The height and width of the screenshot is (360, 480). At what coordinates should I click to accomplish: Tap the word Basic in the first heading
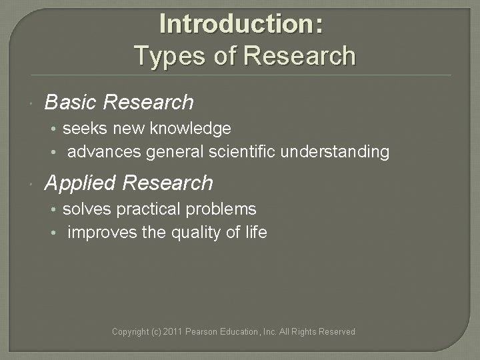[71, 103]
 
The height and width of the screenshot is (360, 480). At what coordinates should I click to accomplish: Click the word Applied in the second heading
[81, 183]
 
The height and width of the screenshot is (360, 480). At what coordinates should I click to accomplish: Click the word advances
[104, 152]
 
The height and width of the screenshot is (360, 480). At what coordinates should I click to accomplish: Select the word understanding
[335, 152]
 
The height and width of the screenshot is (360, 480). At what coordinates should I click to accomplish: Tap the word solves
[87, 209]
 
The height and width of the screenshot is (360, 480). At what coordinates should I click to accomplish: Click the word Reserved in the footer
[337, 331]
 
